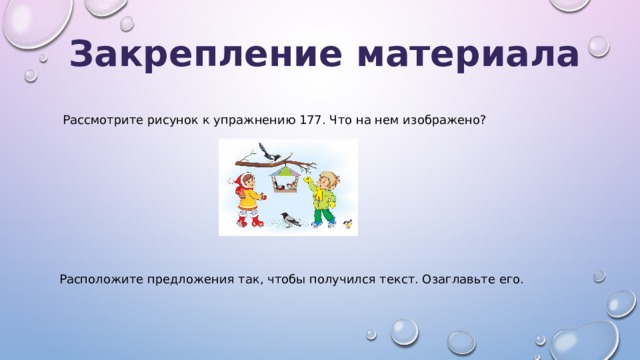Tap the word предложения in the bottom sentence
pos(191,278)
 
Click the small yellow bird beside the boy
pos(347,224)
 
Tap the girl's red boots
pos(248,221)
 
